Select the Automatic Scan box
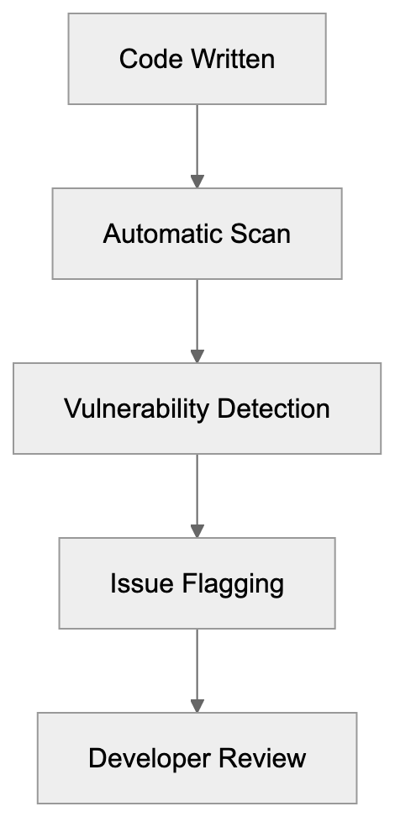197,233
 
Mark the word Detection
273,409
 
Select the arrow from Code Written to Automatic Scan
197,143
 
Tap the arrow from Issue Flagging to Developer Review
197,667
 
